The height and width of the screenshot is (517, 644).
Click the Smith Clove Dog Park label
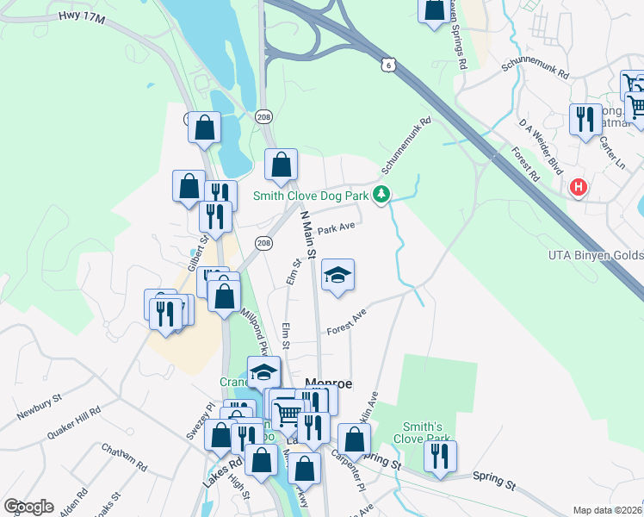311,196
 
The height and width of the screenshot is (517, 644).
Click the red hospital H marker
579,185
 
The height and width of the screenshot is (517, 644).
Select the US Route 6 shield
390,65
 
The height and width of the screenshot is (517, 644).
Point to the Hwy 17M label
81,17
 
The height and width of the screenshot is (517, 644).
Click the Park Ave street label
336,229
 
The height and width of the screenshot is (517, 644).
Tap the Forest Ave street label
346,324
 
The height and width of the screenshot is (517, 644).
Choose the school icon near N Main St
337,276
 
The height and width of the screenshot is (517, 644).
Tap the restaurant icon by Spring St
440,457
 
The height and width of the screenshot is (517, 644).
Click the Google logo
28,507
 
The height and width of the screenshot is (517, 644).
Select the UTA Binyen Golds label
595,255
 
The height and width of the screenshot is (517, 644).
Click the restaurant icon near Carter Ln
585,118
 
